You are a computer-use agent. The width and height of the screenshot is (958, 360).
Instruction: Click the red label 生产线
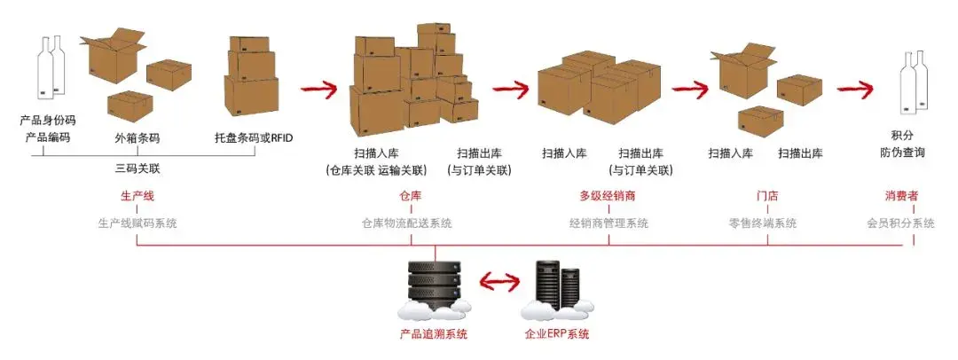[137, 195]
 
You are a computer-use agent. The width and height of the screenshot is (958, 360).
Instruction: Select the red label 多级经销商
[609, 195]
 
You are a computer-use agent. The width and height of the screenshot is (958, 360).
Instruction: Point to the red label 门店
[756, 195]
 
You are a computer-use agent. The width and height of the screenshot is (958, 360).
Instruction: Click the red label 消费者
[900, 195]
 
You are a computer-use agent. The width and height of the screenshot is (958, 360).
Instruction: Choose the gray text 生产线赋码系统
[137, 223]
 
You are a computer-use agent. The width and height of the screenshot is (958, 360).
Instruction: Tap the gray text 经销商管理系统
[609, 223]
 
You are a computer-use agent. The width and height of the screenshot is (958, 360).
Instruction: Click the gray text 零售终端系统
[756, 223]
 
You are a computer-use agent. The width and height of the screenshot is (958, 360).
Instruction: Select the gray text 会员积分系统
[900, 223]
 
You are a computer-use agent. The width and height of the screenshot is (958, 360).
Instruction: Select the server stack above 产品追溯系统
[434, 284]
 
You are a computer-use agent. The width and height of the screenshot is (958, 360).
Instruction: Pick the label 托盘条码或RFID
[253, 138]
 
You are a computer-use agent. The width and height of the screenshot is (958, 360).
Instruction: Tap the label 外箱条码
[137, 138]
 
